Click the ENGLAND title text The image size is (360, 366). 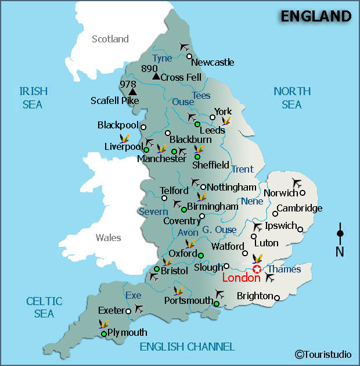tap(316, 16)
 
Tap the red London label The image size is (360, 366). tap(241, 278)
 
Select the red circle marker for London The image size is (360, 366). tap(256, 269)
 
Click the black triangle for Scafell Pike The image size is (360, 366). tap(132, 91)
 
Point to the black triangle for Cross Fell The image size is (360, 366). tap(155, 76)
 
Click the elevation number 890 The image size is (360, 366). tap(149, 69)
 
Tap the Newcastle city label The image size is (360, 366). tap(213, 62)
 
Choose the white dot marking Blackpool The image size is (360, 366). tap(143, 127)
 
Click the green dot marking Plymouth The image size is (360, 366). tap(103, 333)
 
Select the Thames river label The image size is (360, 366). tap(284, 269)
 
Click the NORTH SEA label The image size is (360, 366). tap(292, 98)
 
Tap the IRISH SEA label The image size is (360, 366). tap(34, 98)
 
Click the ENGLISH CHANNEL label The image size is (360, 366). tap(187, 347)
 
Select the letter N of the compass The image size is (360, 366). tap(340, 251)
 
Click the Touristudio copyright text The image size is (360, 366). tap(323, 354)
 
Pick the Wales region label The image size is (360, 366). tap(109, 237)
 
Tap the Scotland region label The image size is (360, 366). tap(110, 39)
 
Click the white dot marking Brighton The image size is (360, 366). tap(277, 298)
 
